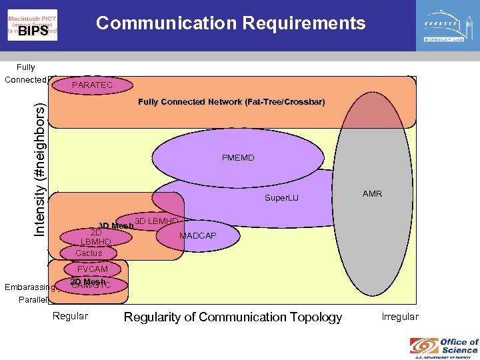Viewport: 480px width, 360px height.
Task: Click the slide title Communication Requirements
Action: coord(231,23)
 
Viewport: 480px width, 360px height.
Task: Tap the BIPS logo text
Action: coord(33,31)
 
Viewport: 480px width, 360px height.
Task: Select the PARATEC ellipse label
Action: coord(92,85)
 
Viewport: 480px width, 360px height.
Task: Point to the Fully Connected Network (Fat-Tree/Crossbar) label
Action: coord(231,102)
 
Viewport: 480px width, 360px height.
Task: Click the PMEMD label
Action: coord(238,158)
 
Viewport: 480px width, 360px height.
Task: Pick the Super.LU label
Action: coord(281,198)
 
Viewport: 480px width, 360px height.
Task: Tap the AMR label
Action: coord(372,194)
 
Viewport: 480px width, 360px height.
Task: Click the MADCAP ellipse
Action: coord(197,236)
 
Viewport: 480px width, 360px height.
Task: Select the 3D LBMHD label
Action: coord(156,221)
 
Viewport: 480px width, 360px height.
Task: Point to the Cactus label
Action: coord(89,253)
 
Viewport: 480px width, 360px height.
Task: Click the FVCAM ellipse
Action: coord(92,269)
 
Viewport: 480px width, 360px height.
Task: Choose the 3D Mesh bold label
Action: coord(116,226)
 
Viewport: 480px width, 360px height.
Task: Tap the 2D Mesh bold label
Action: coord(88,282)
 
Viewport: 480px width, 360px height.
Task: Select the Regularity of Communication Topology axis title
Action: coord(233,317)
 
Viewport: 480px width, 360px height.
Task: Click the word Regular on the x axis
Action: coord(70,316)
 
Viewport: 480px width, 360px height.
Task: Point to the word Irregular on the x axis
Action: coord(400,317)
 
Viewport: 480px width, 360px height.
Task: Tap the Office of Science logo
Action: coord(444,346)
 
